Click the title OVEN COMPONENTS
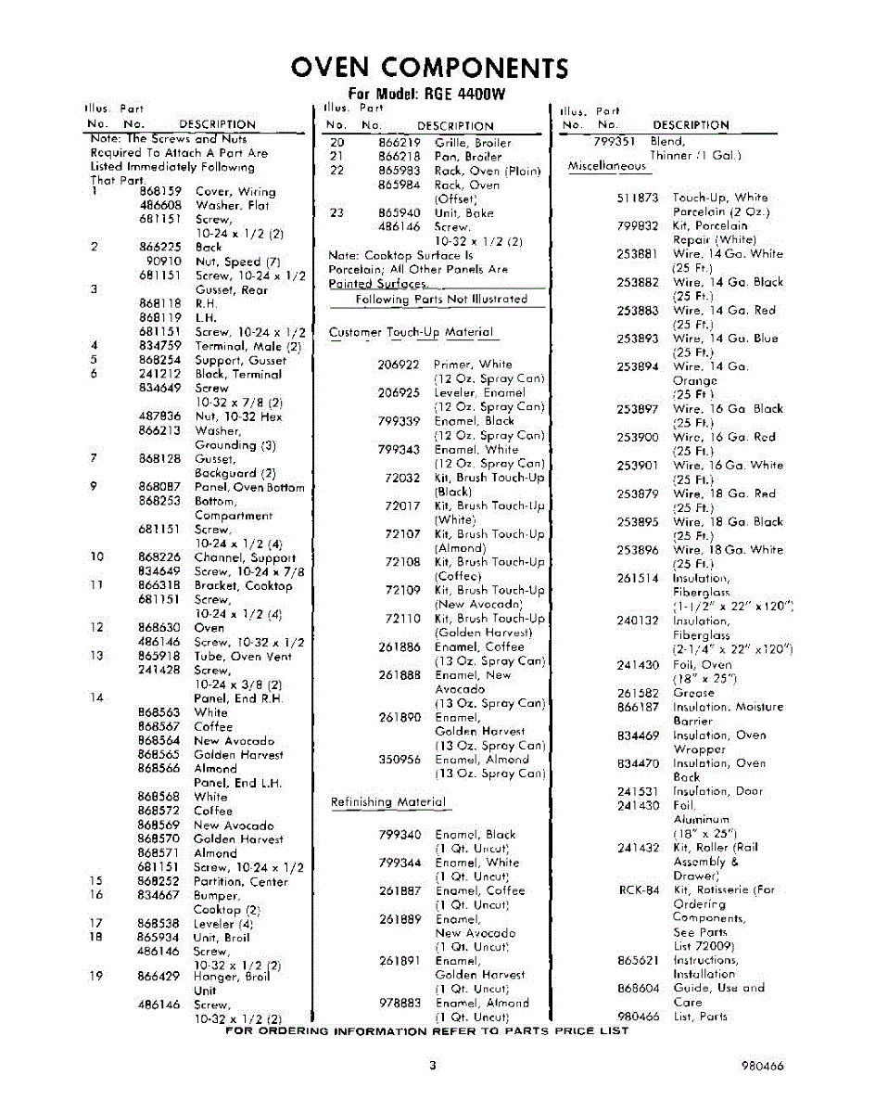pyautogui.click(x=429, y=68)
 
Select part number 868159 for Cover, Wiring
pyautogui.click(x=159, y=191)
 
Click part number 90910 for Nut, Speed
pyautogui.click(x=164, y=262)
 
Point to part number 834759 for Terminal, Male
pyautogui.click(x=159, y=346)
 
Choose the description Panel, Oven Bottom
pyautogui.click(x=248, y=487)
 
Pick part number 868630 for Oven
pyautogui.click(x=159, y=628)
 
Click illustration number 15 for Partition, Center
pyautogui.click(x=95, y=881)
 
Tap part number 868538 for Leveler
pyautogui.click(x=159, y=924)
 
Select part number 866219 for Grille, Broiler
pyautogui.click(x=400, y=143)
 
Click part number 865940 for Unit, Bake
pyautogui.click(x=400, y=212)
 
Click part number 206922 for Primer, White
pyautogui.click(x=400, y=365)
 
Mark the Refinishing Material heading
pyautogui.click(x=388, y=802)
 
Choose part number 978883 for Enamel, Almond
pyautogui.click(x=400, y=1003)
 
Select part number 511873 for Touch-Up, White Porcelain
pyautogui.click(x=638, y=198)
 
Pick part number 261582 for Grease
pyautogui.click(x=638, y=693)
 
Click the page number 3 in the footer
pyautogui.click(x=432, y=1066)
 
